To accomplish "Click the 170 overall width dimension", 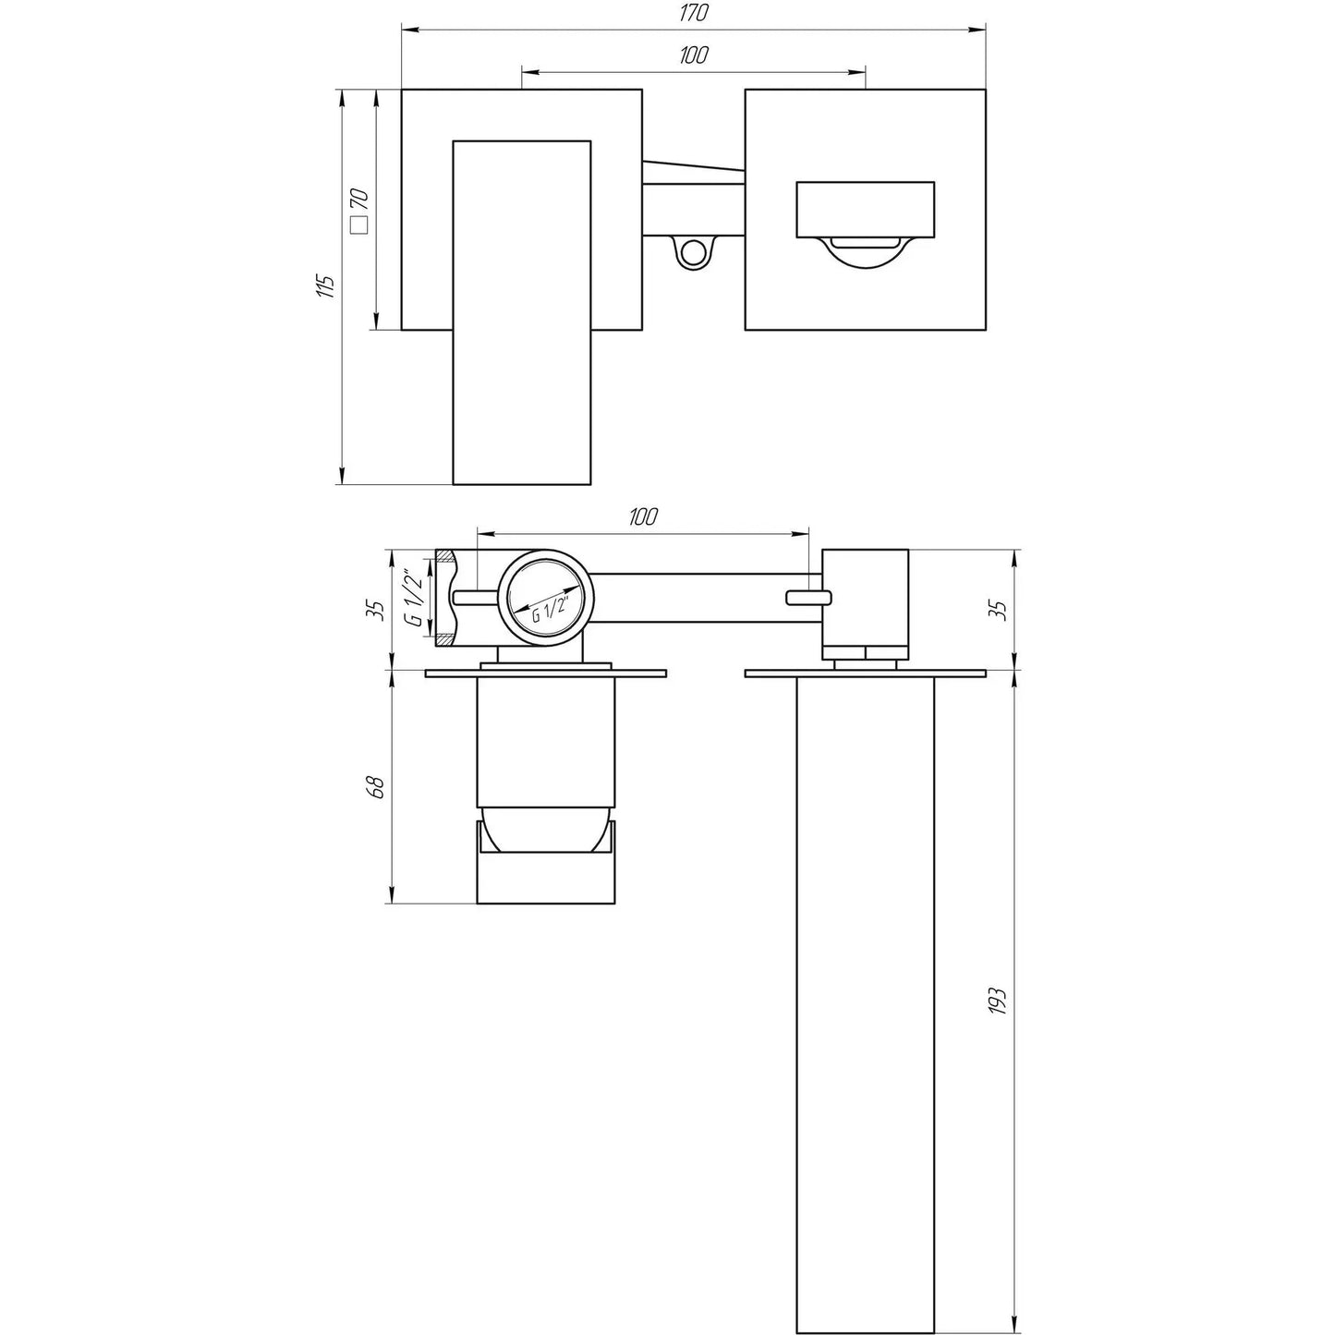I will (694, 14).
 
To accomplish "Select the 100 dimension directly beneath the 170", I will (694, 55).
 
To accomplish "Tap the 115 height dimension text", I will (324, 285).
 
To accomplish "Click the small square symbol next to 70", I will (358, 225).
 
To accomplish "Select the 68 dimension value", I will (374, 787).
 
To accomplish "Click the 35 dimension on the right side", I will (996, 610).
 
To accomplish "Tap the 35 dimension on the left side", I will (374, 610).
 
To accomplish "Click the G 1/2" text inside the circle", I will (552, 605).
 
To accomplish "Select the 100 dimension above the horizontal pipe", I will (643, 516).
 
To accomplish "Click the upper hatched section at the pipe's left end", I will (445, 558).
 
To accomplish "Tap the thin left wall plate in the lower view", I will (545, 674).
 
